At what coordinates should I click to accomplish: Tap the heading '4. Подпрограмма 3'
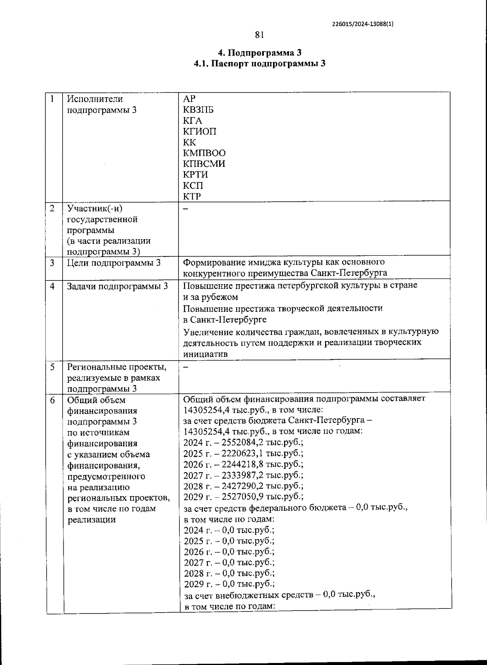click(260, 53)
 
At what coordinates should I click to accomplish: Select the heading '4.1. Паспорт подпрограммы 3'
click(260, 64)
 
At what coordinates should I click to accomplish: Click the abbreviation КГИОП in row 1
click(200, 132)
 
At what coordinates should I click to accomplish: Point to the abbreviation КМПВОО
click(204, 153)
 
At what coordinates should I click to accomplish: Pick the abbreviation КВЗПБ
click(198, 110)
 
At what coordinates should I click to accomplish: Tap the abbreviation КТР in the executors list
click(192, 196)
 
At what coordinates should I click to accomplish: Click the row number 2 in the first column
click(52, 209)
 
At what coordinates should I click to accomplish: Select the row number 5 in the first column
click(52, 367)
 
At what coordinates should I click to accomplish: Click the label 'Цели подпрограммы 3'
click(114, 263)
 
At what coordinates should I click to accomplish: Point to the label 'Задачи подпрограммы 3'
click(117, 286)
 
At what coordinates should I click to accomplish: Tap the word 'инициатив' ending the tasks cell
click(205, 354)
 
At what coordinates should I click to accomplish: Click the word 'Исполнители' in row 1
click(95, 99)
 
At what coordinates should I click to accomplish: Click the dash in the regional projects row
click(186, 367)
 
